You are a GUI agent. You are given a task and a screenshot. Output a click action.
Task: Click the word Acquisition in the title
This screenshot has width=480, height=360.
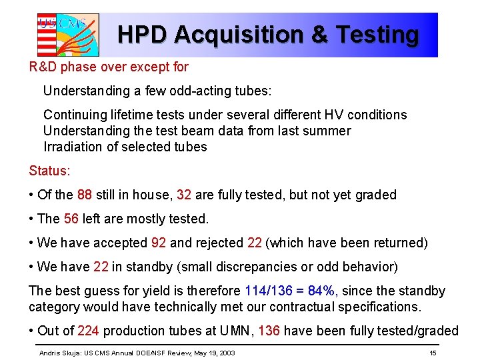(235, 35)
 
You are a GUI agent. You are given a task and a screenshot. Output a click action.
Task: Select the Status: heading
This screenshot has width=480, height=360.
(49, 171)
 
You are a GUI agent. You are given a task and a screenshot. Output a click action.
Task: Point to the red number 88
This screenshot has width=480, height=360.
(85, 195)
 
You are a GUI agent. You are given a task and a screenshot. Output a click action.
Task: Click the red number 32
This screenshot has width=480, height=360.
(184, 195)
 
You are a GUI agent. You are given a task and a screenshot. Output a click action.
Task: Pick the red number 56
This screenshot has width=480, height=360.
(71, 219)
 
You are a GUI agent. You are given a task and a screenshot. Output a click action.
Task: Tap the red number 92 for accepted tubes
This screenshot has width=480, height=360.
(158, 243)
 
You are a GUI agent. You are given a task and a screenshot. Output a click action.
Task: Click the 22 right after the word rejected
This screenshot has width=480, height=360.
(254, 243)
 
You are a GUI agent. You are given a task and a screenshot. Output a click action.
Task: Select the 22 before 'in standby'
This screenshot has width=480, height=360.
(101, 267)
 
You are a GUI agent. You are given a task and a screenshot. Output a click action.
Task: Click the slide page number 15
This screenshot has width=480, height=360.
(433, 352)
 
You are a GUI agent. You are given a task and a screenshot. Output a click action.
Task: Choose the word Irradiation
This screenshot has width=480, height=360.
(74, 147)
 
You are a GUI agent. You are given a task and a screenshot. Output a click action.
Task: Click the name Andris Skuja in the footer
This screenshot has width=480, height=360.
(59, 352)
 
